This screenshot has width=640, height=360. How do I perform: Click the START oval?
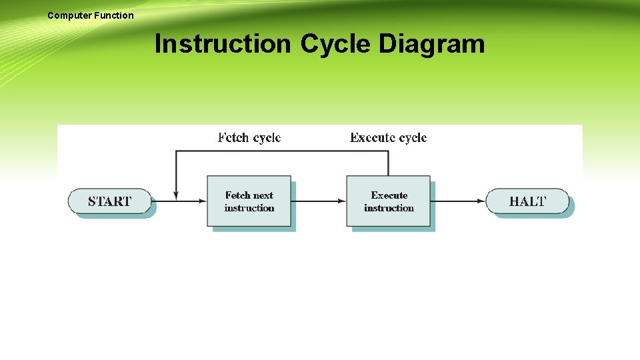pyautogui.click(x=110, y=201)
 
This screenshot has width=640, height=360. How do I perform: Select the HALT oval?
pyautogui.click(x=527, y=201)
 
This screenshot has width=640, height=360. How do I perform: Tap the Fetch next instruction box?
pyautogui.click(x=249, y=201)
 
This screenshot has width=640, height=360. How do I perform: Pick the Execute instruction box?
pyautogui.click(x=388, y=201)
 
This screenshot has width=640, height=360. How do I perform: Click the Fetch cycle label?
pyautogui.click(x=249, y=138)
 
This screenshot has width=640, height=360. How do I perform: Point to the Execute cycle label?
pyautogui.click(x=388, y=138)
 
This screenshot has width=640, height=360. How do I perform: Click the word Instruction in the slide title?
pyautogui.click(x=223, y=45)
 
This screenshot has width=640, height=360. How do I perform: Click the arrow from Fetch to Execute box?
pyautogui.click(x=319, y=201)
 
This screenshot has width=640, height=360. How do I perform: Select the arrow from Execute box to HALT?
pyautogui.click(x=458, y=201)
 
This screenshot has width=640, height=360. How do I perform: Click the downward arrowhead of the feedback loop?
pyautogui.click(x=175, y=195)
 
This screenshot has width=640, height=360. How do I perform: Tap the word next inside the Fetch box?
pyautogui.click(x=263, y=195)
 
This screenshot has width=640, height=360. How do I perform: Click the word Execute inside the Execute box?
pyautogui.click(x=389, y=195)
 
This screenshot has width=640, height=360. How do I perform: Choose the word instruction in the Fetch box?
pyautogui.click(x=249, y=208)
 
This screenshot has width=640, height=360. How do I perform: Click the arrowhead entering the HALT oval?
pyautogui.click(x=481, y=201)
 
